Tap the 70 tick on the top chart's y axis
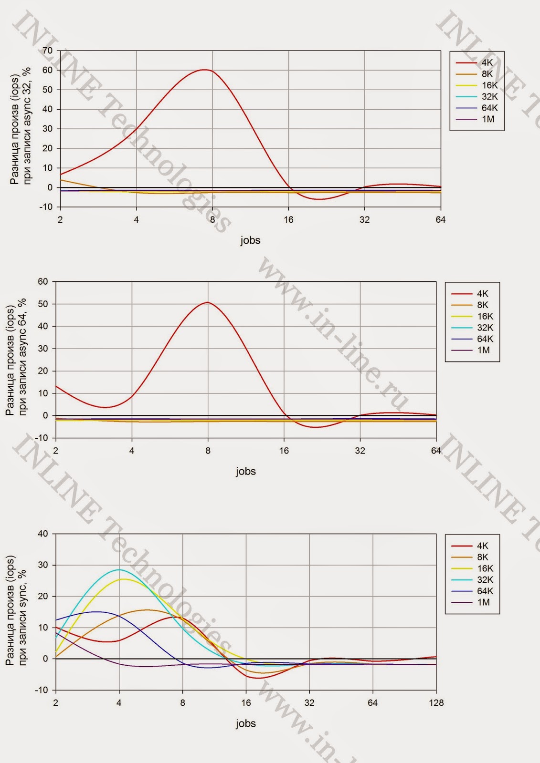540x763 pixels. click(x=48, y=51)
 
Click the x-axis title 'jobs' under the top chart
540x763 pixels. click(x=250, y=240)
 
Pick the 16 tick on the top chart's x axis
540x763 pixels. click(x=288, y=220)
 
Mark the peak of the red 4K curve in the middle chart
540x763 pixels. click(x=208, y=302)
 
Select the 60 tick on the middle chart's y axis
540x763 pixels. click(x=43, y=281)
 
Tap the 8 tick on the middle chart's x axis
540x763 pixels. click(x=208, y=451)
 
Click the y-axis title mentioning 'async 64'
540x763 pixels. click(x=16, y=358)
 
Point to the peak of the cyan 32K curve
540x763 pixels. click(x=118, y=570)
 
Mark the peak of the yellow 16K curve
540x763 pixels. click(x=124, y=579)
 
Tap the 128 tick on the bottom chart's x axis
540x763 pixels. click(x=436, y=703)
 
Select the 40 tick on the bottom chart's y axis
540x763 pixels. click(x=43, y=534)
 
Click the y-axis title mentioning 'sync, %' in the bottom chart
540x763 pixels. click(x=16, y=610)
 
